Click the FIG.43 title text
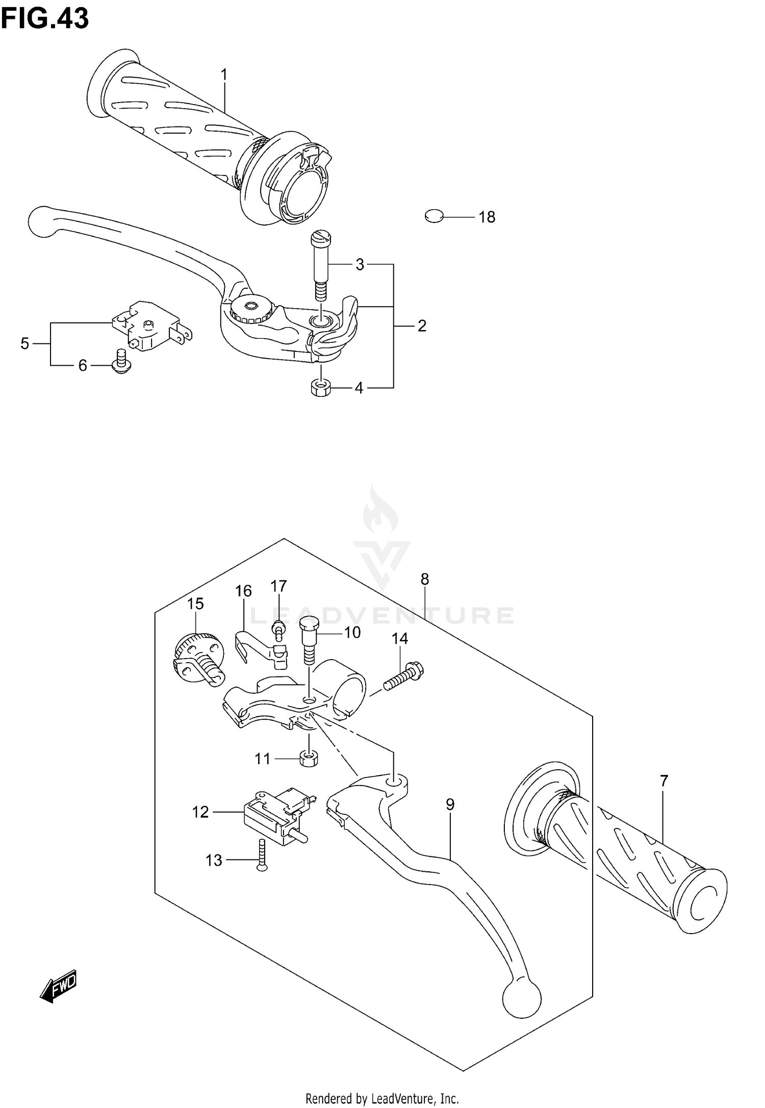point(45,19)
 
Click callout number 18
point(487,217)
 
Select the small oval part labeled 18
point(433,217)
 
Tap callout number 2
point(422,325)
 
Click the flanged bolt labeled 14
point(406,676)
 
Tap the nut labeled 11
point(309,759)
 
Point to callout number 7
point(664,780)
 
